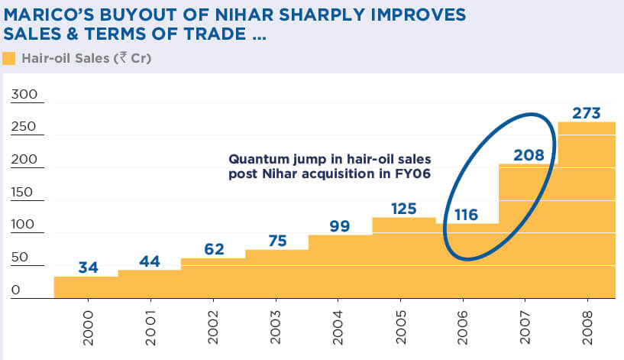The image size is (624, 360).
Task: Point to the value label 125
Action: (405, 209)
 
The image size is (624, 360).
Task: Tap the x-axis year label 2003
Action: (276, 326)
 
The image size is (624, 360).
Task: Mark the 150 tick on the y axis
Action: (23, 192)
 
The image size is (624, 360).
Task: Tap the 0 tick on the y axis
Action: (15, 290)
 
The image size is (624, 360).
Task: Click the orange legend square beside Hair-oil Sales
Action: (9, 58)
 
